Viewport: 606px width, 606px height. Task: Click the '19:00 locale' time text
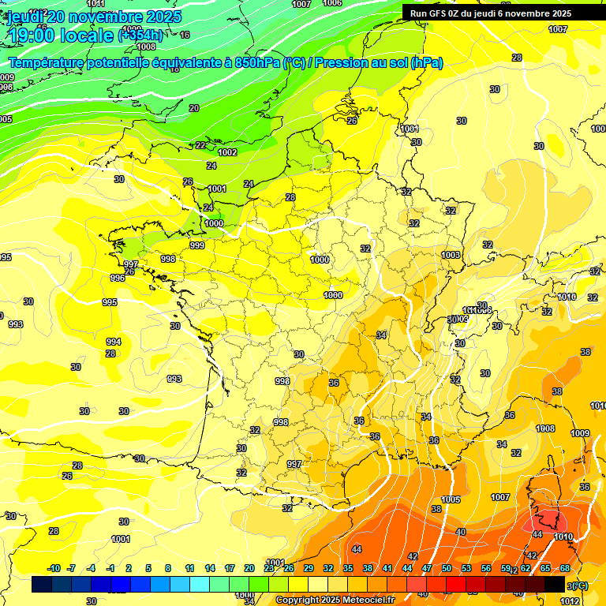click(60, 35)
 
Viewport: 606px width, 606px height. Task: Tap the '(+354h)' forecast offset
click(140, 35)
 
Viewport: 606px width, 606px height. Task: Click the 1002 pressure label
click(228, 152)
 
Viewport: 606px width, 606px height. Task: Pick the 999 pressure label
click(197, 245)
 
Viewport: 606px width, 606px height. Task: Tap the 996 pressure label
click(118, 278)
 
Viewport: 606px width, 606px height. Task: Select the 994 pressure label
click(114, 342)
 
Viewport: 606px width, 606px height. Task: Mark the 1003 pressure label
click(451, 255)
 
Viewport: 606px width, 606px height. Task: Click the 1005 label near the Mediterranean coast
click(451, 499)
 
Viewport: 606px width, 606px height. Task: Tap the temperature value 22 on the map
click(200, 145)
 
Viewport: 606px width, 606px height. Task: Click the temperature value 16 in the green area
click(185, 35)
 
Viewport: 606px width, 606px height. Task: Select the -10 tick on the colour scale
click(54, 568)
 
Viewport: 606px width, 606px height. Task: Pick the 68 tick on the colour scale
click(566, 568)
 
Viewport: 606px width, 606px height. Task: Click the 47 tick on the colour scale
click(427, 568)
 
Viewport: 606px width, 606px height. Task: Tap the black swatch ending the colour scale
click(555, 584)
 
